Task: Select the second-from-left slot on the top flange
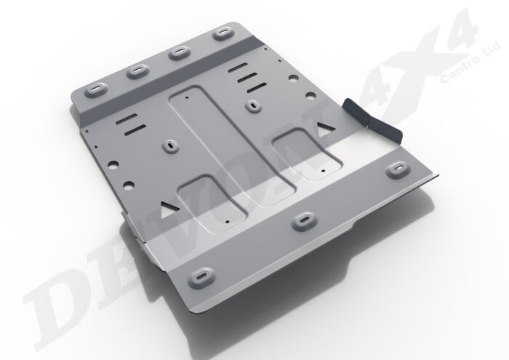(x=137, y=71)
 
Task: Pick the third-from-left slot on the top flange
(x=177, y=52)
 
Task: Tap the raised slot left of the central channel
(x=171, y=145)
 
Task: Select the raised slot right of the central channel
(x=252, y=105)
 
